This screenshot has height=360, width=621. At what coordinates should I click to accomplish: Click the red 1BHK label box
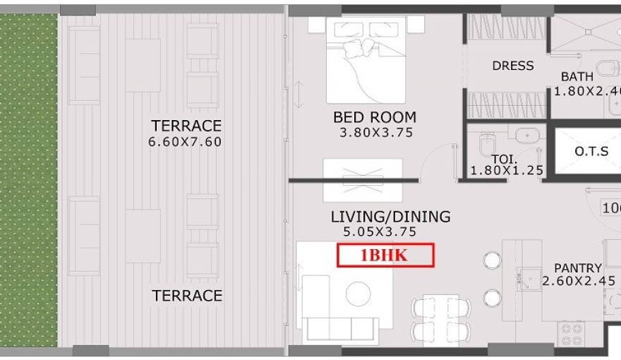tap(385, 256)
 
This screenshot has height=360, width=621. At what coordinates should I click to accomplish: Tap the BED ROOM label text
tap(375, 117)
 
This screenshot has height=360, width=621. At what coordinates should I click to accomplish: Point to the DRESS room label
tap(513, 66)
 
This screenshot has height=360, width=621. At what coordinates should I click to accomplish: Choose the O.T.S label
tap(587, 151)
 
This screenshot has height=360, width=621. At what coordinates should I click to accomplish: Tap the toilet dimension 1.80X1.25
tap(507, 170)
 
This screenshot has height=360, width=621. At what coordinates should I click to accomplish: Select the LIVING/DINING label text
tap(390, 217)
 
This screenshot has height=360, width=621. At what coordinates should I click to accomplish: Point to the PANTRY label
tap(578, 268)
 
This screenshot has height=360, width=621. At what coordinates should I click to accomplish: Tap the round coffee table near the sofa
tap(358, 293)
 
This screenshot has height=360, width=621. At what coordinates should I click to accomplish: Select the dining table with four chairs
tap(441, 319)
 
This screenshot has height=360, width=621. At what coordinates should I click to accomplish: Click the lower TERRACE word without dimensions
tap(187, 295)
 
